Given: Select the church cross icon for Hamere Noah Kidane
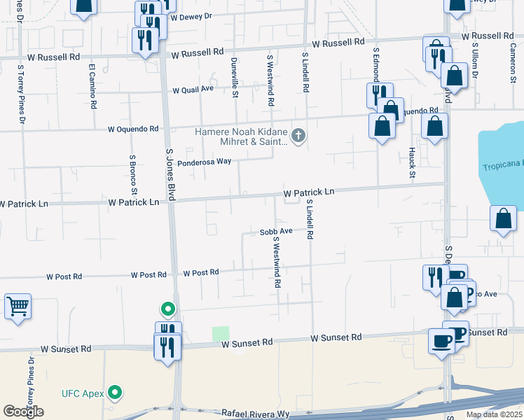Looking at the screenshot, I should (x=298, y=135).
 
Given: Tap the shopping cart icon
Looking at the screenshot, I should (x=18, y=306).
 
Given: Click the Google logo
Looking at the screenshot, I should (x=23, y=412).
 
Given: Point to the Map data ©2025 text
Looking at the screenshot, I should (x=493, y=414).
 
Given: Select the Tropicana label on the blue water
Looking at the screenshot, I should (x=502, y=167).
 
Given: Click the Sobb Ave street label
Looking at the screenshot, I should (x=275, y=231).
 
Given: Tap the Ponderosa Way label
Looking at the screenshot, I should (x=204, y=162).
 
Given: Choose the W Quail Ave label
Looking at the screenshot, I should (x=193, y=90).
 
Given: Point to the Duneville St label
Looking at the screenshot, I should (x=235, y=77).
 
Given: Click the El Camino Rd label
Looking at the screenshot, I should (x=92, y=87).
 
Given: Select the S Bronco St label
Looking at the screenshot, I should (x=133, y=175).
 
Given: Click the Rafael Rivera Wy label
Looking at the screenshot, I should (x=255, y=414).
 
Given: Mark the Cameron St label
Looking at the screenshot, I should (x=513, y=63).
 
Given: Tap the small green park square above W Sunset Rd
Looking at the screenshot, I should (x=221, y=335).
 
